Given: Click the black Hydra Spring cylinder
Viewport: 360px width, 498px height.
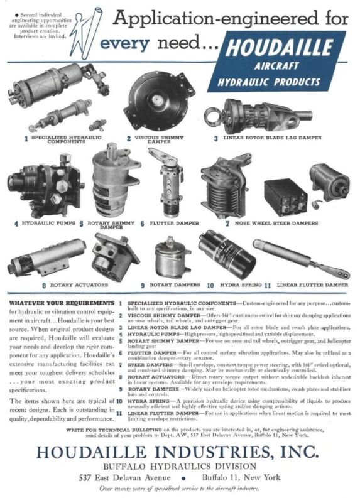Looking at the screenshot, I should (226, 254).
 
